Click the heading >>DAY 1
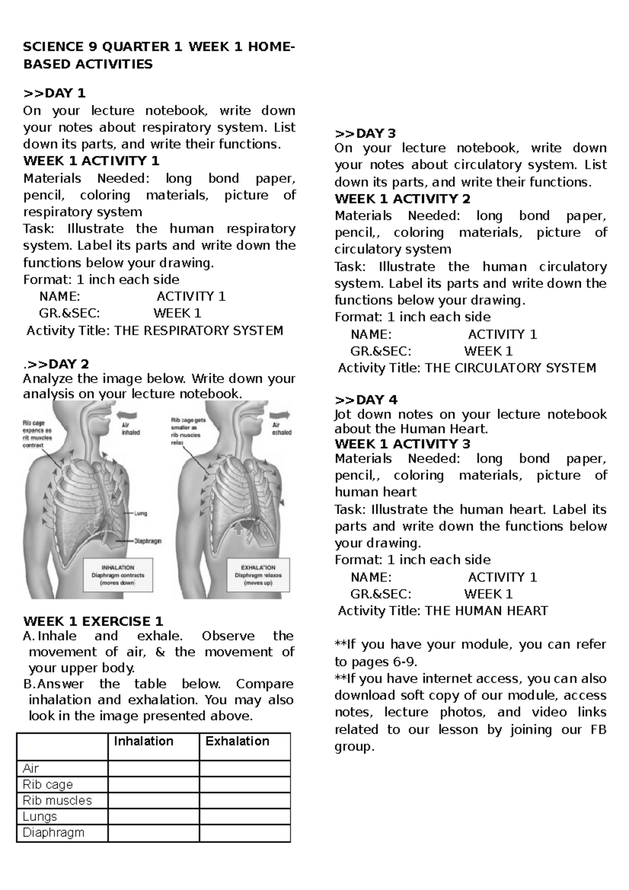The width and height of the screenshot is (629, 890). tap(54, 93)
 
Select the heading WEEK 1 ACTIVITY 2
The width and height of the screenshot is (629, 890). tap(402, 199)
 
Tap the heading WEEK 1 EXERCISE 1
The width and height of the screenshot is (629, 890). tap(93, 622)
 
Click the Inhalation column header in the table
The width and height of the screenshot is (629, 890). tap(144, 741)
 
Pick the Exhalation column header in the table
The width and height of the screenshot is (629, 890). tap(237, 741)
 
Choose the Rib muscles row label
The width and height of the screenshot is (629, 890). tap(57, 800)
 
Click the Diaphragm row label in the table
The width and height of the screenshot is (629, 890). tap(53, 832)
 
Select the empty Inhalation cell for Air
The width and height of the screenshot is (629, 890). tap(153, 768)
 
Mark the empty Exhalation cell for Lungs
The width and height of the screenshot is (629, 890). tap(244, 817)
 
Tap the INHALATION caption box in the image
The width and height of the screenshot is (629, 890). tap(118, 575)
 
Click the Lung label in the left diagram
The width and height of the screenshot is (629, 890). tap(140, 514)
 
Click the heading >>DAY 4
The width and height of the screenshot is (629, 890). tap(366, 400)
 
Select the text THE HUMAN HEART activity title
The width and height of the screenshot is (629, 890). tap(486, 611)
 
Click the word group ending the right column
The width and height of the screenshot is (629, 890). tap(354, 746)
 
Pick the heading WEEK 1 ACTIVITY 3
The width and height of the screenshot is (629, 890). tap(402, 444)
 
